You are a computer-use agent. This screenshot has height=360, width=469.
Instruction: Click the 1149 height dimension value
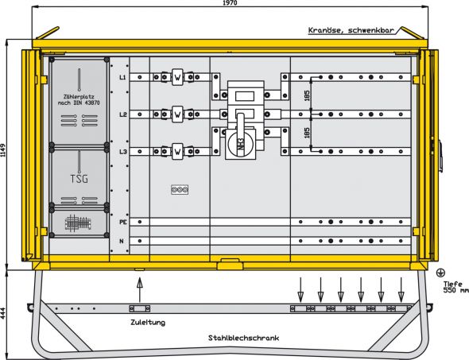click(x=5, y=156)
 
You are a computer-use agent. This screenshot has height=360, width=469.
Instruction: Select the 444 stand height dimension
click(x=5, y=315)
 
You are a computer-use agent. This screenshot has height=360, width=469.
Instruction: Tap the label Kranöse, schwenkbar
click(x=352, y=31)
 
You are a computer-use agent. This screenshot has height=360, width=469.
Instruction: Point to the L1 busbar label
click(x=122, y=78)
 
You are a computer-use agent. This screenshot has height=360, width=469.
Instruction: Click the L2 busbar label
click(x=122, y=114)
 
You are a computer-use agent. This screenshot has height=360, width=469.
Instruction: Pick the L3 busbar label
click(x=122, y=151)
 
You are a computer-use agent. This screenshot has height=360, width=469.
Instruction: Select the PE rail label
click(x=123, y=223)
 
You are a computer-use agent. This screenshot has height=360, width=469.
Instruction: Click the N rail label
click(x=122, y=240)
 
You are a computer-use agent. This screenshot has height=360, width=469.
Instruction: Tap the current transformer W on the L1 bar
click(x=177, y=78)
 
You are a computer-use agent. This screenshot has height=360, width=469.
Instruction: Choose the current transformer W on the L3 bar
click(x=177, y=150)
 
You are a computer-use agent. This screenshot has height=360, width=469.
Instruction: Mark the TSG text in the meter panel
click(x=79, y=178)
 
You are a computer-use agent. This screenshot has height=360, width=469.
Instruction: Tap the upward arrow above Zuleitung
click(x=139, y=277)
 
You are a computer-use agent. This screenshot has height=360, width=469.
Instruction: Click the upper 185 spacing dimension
click(x=308, y=96)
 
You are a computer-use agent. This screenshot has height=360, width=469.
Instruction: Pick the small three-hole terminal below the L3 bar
click(x=180, y=189)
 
